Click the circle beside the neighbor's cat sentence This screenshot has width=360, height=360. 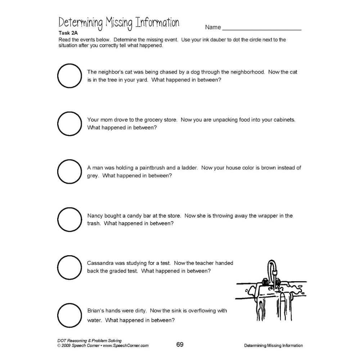click(x=69, y=76)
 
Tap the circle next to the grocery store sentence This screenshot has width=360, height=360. click(x=69, y=123)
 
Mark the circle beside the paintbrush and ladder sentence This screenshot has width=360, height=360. click(x=69, y=172)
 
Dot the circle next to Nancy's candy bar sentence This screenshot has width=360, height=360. click(x=69, y=219)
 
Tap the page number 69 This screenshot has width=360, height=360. click(x=180, y=345)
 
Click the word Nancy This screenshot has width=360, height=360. click(x=95, y=216)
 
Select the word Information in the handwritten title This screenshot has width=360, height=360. click(x=156, y=23)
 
